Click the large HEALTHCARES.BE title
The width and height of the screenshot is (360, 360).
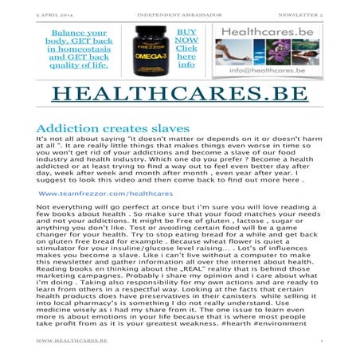pyautogui.click(x=179, y=92)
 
